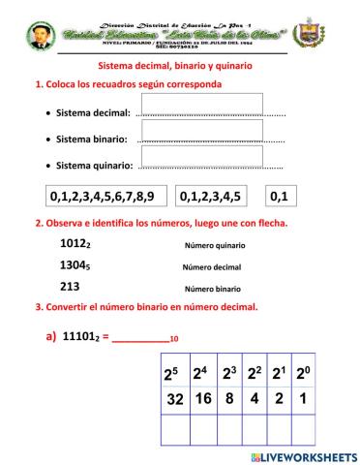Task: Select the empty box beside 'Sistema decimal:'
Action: click(x=201, y=105)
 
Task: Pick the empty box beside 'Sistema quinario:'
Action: click(x=201, y=156)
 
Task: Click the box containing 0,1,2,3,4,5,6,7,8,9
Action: click(x=107, y=197)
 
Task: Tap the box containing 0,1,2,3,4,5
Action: click(x=210, y=197)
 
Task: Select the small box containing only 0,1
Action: click(x=279, y=197)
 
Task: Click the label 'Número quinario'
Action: click(x=212, y=247)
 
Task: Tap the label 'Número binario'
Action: click(x=212, y=289)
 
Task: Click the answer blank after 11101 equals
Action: click(x=141, y=337)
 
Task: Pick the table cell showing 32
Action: click(x=176, y=398)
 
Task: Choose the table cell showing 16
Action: click(x=202, y=398)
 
